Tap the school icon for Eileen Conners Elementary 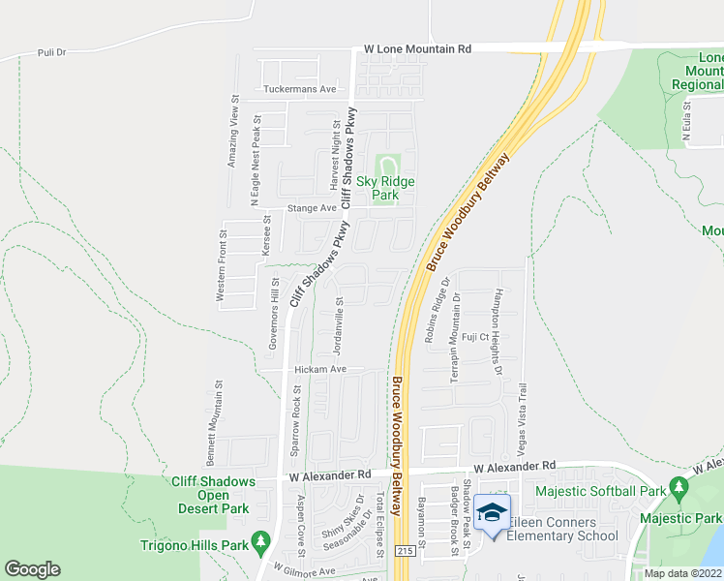click(492, 510)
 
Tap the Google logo click(32, 568)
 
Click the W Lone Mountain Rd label click(417, 48)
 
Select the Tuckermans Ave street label click(299, 89)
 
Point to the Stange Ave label click(310, 207)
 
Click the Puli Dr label click(50, 52)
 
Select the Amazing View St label click(232, 131)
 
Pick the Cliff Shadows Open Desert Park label click(213, 495)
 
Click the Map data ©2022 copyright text click(682, 573)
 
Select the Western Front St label click(222, 269)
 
